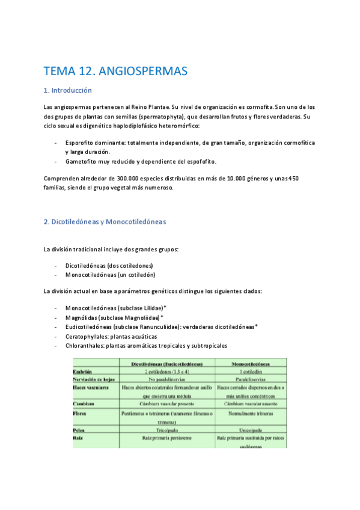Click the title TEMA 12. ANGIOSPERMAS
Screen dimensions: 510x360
pos(116,72)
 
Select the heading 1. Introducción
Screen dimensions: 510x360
pos(68,90)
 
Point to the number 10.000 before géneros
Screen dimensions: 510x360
pos(233,178)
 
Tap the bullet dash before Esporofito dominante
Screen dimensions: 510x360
pos(55,143)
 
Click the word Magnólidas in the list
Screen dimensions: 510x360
pos(81,317)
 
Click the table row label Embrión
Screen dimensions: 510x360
pos(82,372)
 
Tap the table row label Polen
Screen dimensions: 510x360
pos(79,430)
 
